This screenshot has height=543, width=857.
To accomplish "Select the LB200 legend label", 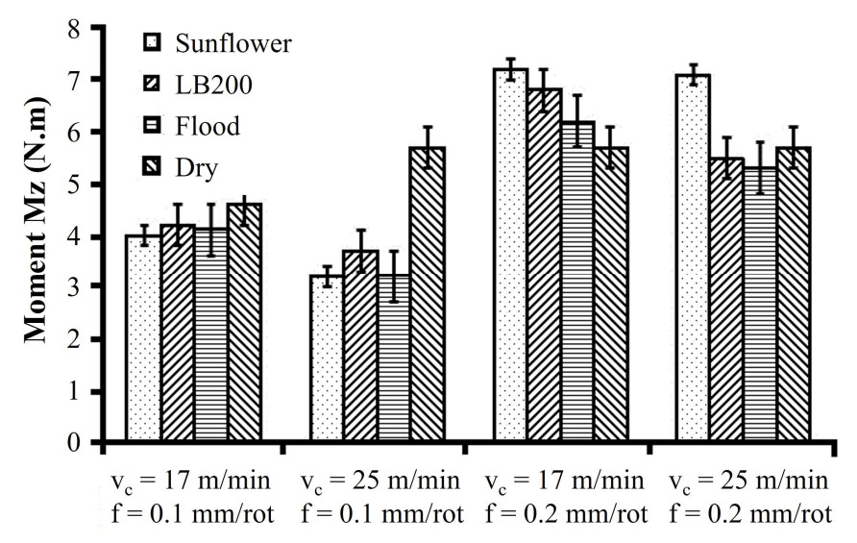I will (x=214, y=86).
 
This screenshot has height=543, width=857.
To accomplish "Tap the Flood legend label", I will (x=208, y=127).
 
